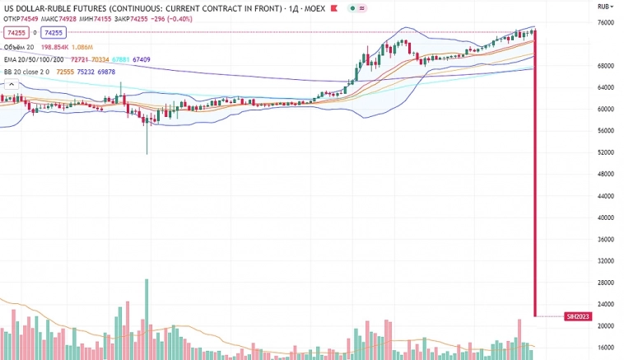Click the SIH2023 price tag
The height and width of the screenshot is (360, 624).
[x=578, y=316]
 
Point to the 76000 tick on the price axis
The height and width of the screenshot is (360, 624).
[x=606, y=22]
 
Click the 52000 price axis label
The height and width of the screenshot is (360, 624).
[x=606, y=152]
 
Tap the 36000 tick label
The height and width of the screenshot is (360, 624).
[x=606, y=240]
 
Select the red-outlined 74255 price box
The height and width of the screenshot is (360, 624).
[x=16, y=33]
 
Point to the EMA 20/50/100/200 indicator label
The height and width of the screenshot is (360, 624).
[x=35, y=60]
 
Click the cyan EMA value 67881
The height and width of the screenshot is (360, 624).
[x=121, y=60]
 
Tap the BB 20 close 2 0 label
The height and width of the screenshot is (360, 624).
[x=27, y=72]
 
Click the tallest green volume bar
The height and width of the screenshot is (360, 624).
[x=147, y=317]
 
